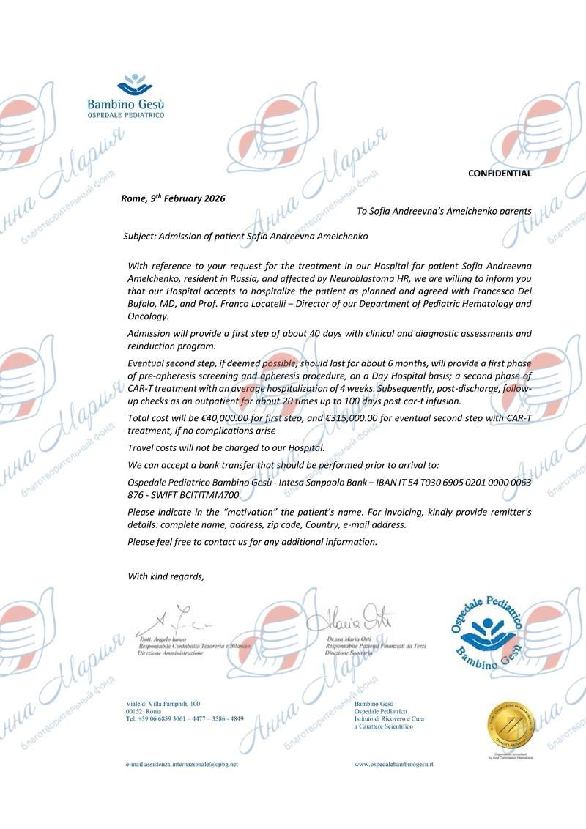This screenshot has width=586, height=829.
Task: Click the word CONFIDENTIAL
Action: pos(500,174)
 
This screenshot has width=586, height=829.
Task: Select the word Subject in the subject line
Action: pos(141,237)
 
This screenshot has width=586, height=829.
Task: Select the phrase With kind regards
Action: pos(166,576)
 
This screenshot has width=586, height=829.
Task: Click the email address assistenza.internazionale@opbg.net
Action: pos(182,764)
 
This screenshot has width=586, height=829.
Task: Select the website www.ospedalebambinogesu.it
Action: pos(394,764)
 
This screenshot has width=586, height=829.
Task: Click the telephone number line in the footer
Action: pos(185,719)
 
